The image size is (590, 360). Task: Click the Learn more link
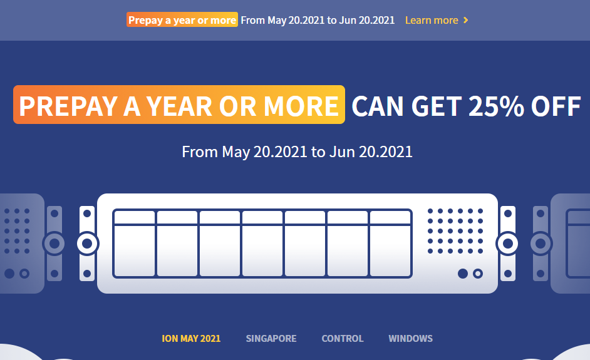[x=432, y=20]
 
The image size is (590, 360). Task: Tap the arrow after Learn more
[x=466, y=20]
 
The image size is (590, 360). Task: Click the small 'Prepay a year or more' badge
[x=182, y=20]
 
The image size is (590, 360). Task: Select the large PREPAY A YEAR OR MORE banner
[x=179, y=105]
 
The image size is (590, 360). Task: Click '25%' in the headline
[x=496, y=106]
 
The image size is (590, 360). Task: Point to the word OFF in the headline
[x=556, y=106]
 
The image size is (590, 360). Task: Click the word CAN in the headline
[x=378, y=106]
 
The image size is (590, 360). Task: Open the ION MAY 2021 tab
[x=191, y=339]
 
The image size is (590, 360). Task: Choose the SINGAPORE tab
[x=271, y=339]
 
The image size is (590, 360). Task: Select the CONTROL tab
[x=343, y=339]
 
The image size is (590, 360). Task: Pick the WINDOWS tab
[x=410, y=339]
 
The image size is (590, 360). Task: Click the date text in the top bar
[x=318, y=20]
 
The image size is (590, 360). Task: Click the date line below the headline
[x=298, y=152]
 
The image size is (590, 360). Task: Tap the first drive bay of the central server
[x=134, y=244]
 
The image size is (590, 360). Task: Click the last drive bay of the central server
[x=390, y=244]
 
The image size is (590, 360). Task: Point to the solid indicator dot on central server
[x=463, y=274]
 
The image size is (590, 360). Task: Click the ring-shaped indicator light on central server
[x=478, y=274]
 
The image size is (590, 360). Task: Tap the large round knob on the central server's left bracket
[x=87, y=244]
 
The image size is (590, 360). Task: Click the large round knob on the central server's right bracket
[x=507, y=244]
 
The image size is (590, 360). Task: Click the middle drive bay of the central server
[x=262, y=244]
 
